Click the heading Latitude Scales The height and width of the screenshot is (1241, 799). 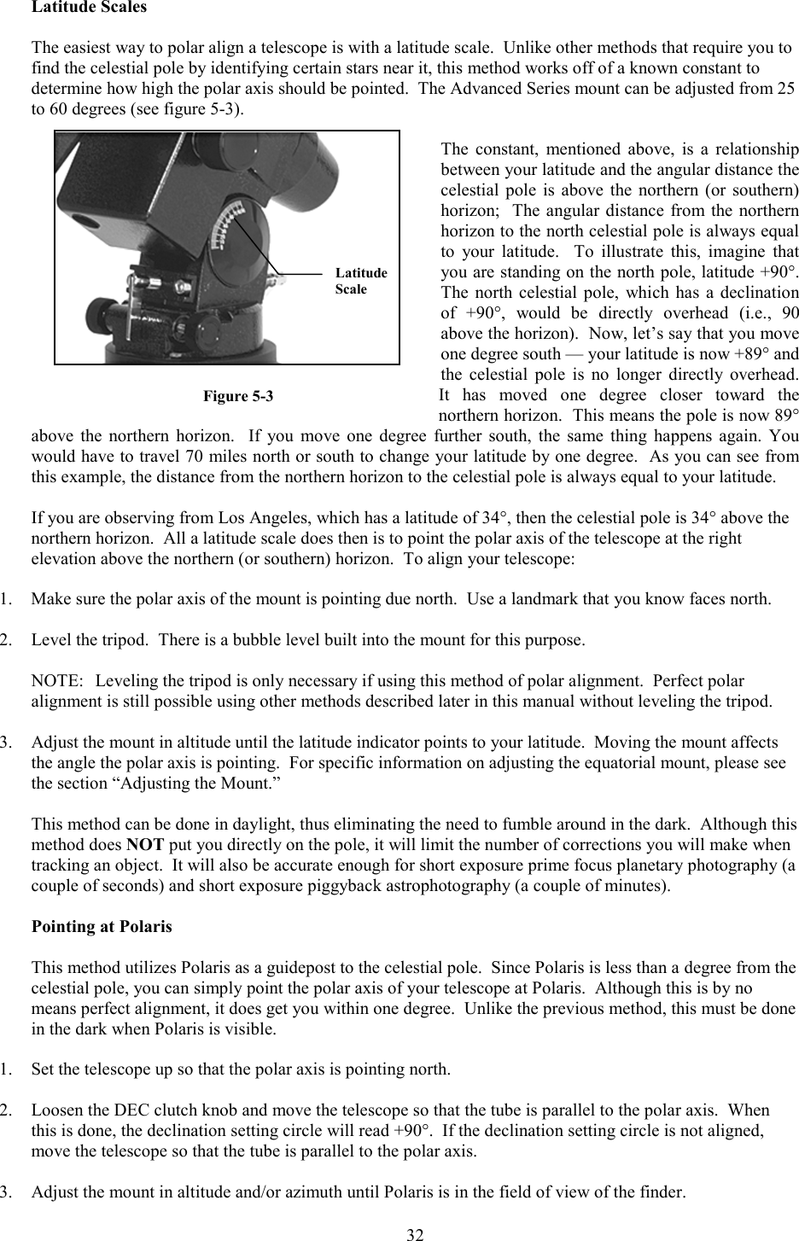click(x=89, y=8)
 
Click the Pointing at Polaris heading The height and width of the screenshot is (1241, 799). click(x=102, y=926)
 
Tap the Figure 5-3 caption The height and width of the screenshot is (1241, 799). click(x=238, y=396)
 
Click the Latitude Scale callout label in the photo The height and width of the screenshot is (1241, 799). click(x=360, y=281)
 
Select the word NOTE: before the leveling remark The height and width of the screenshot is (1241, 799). click(x=57, y=681)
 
